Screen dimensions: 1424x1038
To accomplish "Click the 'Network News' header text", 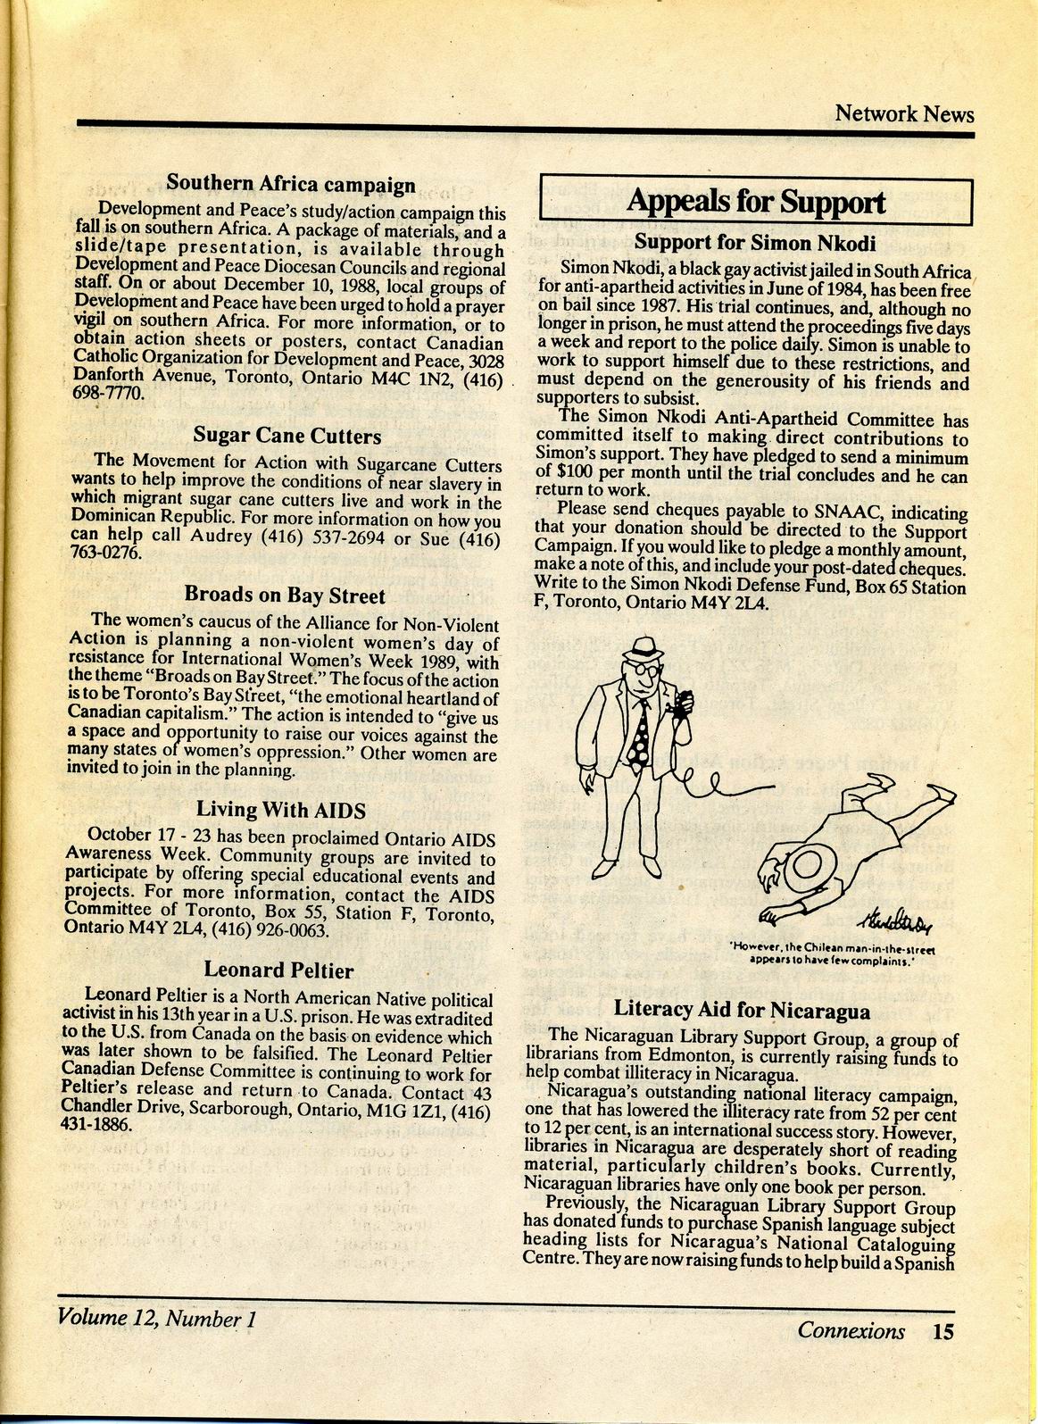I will click(904, 113).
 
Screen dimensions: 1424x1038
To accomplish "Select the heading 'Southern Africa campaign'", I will click(291, 184).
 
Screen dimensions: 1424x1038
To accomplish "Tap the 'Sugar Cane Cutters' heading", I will click(286, 436).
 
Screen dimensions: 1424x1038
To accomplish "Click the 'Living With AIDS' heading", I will click(281, 810).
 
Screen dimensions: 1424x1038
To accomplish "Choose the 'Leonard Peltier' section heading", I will click(278, 970).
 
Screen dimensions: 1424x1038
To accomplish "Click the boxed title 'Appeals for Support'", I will click(755, 202).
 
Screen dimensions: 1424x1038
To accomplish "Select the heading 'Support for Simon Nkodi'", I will click(755, 242).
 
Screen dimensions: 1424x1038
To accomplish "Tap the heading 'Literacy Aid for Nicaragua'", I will click(742, 1011).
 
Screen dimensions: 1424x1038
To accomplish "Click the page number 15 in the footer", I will click(943, 1331).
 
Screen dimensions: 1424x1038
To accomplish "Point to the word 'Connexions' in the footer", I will click(851, 1331).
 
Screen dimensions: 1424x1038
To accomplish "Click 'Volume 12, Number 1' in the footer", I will click(156, 1317).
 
